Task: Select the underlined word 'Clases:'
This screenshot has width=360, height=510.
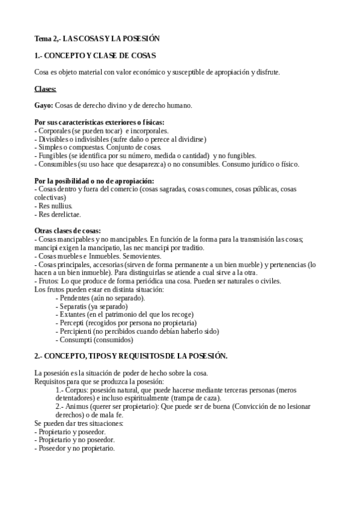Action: click(46, 89)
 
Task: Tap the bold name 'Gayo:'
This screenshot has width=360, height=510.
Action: click(44, 106)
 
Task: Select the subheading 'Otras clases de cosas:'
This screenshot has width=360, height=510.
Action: click(68, 231)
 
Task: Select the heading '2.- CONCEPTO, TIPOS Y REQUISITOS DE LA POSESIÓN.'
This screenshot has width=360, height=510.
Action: click(131, 356)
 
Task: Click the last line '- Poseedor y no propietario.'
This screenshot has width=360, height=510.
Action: click(75, 449)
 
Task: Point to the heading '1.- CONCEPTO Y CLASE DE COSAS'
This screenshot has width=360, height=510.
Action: click(96, 56)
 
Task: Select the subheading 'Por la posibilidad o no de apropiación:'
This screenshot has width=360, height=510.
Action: click(94, 180)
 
